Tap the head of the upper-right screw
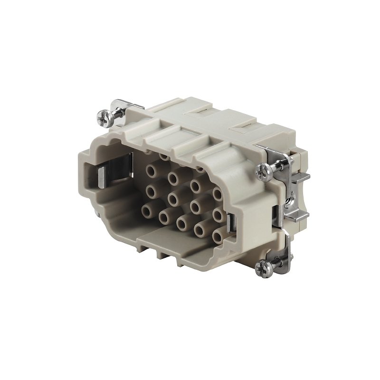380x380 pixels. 262,169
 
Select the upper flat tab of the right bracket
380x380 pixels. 300,177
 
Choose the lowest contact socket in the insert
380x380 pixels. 218,236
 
